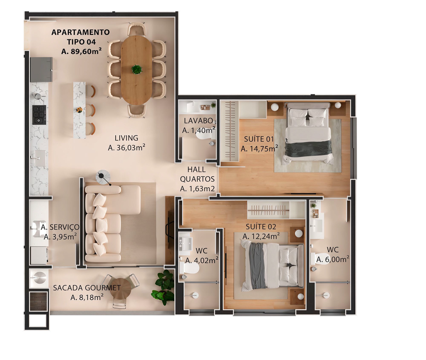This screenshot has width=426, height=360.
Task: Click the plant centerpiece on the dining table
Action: [x=136, y=69]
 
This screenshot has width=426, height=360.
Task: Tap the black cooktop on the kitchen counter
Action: [x=39, y=115]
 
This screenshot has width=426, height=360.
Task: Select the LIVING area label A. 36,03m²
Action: [x=126, y=148]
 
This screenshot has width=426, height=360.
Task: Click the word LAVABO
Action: [x=198, y=121]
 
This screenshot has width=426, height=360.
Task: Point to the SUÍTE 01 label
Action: [x=259, y=139]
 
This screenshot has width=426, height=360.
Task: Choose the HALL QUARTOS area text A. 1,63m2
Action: [x=197, y=189]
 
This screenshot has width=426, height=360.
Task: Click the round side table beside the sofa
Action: [x=103, y=177]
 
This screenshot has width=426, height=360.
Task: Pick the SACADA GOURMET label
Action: [x=87, y=288]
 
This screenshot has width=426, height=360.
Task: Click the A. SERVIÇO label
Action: [x=60, y=227]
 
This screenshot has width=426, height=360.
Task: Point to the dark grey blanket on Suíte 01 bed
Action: [x=308, y=148]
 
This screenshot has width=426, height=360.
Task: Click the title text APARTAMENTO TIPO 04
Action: [x=81, y=37]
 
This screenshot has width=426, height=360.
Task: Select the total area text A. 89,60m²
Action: [x=82, y=51]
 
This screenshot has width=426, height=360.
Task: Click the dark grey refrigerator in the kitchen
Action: [x=41, y=69]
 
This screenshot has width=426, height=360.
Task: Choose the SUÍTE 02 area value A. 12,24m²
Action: [x=261, y=237]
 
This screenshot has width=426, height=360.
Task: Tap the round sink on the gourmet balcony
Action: [x=39, y=278]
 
